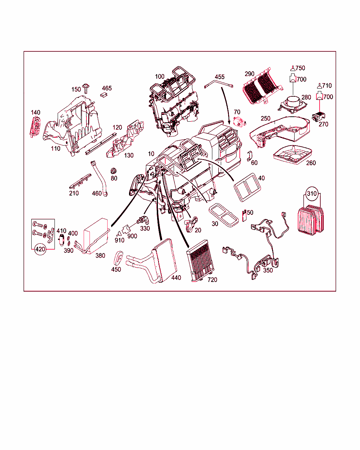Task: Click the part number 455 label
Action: click(x=219, y=77)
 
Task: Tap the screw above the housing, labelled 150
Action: click(x=86, y=89)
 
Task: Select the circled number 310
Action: click(x=312, y=193)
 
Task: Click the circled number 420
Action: click(x=40, y=249)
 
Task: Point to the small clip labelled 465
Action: click(x=104, y=95)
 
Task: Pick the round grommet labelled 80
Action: click(x=113, y=171)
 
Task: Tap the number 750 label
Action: click(x=300, y=68)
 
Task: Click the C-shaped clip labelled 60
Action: click(x=250, y=156)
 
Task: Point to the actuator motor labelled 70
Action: click(x=239, y=122)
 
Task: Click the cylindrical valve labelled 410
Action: click(x=61, y=240)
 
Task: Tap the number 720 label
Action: click(x=212, y=279)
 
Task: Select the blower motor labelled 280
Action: click(x=292, y=104)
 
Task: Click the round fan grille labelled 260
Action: click(x=292, y=155)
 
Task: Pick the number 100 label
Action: click(x=160, y=77)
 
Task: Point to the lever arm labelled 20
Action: click(x=191, y=225)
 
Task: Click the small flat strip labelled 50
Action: click(x=244, y=216)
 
